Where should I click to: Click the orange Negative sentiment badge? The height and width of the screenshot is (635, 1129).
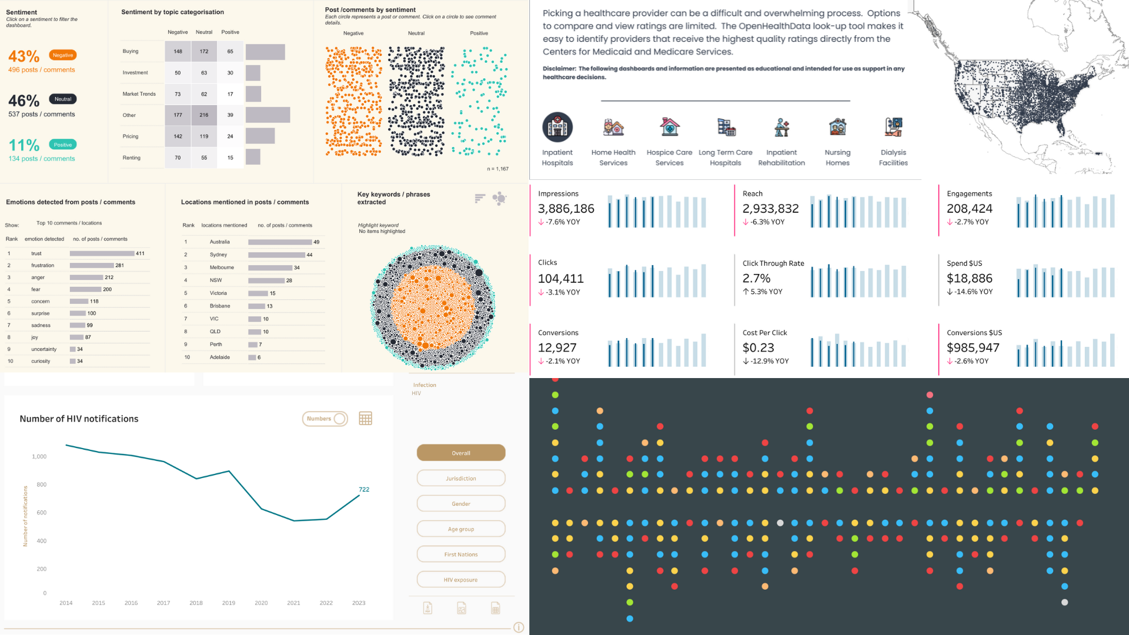(x=62, y=55)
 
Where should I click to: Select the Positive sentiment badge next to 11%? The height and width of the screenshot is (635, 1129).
(x=62, y=145)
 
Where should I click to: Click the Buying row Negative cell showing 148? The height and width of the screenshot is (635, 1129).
(x=178, y=51)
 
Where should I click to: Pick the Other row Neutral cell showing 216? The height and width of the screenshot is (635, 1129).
(x=203, y=115)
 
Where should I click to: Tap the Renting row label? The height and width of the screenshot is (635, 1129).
(x=131, y=158)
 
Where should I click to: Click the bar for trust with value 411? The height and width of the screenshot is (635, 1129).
(x=102, y=253)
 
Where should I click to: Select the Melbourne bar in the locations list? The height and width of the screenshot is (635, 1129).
(x=270, y=268)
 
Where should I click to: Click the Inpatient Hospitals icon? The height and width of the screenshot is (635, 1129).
(x=557, y=127)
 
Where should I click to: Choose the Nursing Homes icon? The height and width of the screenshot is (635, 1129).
(x=837, y=127)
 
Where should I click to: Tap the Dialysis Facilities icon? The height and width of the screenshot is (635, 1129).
(x=893, y=127)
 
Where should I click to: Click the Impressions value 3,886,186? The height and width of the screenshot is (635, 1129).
(x=566, y=209)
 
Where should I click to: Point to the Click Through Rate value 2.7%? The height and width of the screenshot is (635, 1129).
(x=756, y=278)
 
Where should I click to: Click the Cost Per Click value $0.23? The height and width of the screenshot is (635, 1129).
(x=758, y=347)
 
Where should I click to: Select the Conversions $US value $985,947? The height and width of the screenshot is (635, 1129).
(x=973, y=347)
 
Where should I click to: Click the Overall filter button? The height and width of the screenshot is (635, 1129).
(x=461, y=453)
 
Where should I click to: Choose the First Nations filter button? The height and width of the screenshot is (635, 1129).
(x=461, y=554)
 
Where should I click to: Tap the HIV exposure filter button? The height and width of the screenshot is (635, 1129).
(x=461, y=580)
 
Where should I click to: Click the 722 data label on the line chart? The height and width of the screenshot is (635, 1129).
(x=364, y=489)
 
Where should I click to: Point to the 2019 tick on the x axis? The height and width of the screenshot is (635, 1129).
(x=229, y=603)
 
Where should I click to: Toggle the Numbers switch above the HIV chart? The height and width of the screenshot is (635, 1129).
(x=325, y=419)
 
